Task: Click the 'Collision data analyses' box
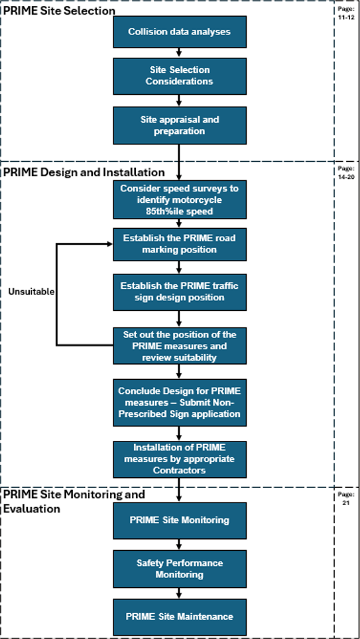[x=180, y=32]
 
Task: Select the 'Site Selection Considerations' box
[x=180, y=76]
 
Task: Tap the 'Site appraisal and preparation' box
[x=180, y=125]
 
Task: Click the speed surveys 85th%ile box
[x=180, y=200]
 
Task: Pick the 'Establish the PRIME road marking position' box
[x=180, y=244]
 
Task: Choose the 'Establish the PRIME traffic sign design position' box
[x=180, y=292]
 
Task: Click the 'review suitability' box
[x=180, y=345]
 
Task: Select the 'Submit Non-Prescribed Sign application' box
[x=180, y=402]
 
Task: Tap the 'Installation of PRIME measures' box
[x=180, y=459]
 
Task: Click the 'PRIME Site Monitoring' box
[x=180, y=520]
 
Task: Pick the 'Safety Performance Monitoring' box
[x=180, y=569]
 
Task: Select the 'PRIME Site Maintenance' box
[x=180, y=616]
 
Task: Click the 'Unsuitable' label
[x=31, y=292]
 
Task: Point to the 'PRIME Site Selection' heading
[x=59, y=11]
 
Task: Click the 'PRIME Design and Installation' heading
[x=84, y=172]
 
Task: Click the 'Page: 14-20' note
[x=346, y=172]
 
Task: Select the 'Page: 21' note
[x=346, y=498]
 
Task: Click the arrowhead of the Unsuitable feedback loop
[x=109, y=244]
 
